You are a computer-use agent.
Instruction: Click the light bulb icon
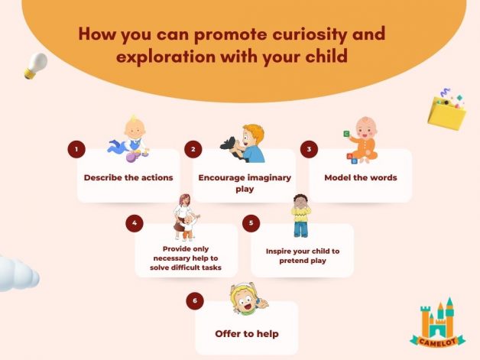coord(36,66)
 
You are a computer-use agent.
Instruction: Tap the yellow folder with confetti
coord(446,109)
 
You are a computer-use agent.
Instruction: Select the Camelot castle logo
coord(437,323)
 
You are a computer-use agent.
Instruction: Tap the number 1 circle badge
coord(76,149)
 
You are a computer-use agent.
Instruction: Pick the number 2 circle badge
coord(193,149)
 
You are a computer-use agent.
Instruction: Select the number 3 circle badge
coord(310,149)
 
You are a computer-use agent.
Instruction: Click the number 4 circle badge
coord(135,223)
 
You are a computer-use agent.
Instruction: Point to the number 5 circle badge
coord(251,223)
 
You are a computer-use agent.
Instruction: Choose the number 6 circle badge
coord(195,300)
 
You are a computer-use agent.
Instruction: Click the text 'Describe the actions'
coord(128,177)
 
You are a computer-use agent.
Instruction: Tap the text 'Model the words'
coord(361,177)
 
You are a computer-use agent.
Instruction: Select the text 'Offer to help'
coord(247,334)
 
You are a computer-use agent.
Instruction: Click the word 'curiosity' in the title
coord(310,34)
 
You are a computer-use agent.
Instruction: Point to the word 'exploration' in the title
coord(166,57)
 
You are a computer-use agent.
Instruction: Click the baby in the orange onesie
coord(362,140)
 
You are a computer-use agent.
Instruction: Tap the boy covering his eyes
coord(301,216)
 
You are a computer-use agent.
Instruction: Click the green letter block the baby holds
coord(346,134)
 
